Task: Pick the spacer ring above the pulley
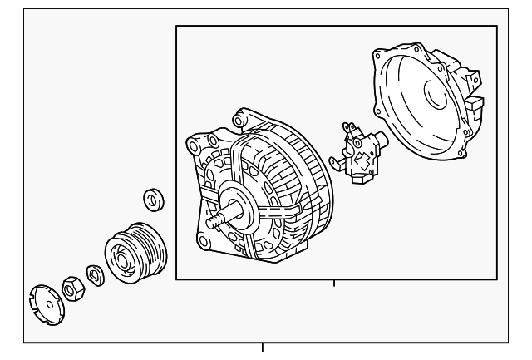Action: (x=153, y=200)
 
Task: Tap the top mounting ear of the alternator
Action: (x=241, y=117)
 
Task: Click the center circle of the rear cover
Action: (x=436, y=95)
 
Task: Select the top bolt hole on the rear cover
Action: (x=380, y=55)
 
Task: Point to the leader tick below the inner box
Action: (x=333, y=284)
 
